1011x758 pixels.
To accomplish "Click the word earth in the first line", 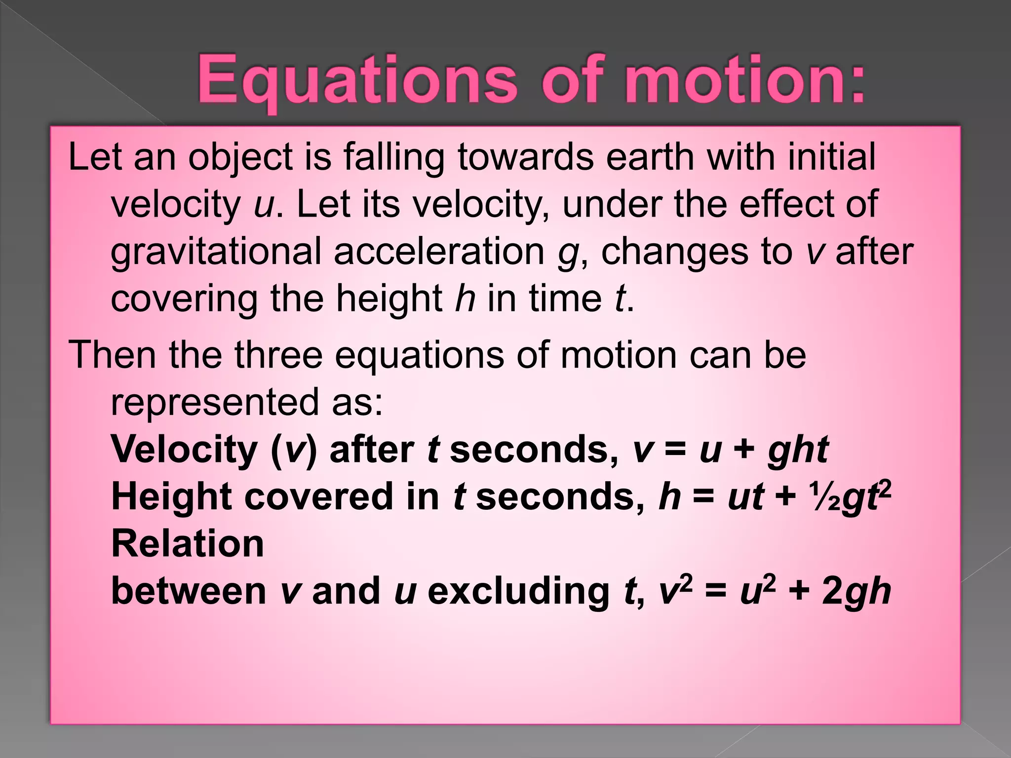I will (x=650, y=157).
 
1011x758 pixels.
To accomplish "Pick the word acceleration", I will (x=439, y=252).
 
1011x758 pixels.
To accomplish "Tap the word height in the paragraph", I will (x=389, y=299).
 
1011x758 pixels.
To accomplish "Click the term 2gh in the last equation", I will (x=856, y=591).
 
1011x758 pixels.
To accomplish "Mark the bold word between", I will (x=189, y=591).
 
